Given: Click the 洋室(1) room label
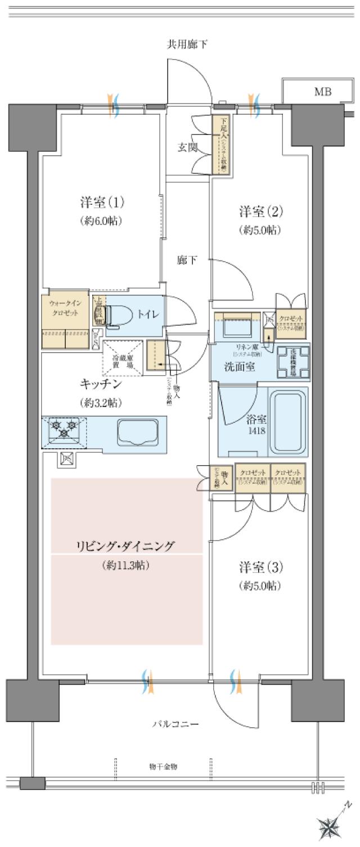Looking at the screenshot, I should tap(101, 202).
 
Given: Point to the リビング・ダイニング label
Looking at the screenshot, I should tap(126, 546).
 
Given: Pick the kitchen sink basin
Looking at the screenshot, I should tap(136, 431).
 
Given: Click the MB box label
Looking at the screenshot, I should tap(322, 92).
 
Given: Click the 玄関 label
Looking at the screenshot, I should tap(187, 148).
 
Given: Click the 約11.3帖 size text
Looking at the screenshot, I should tap(126, 565).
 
